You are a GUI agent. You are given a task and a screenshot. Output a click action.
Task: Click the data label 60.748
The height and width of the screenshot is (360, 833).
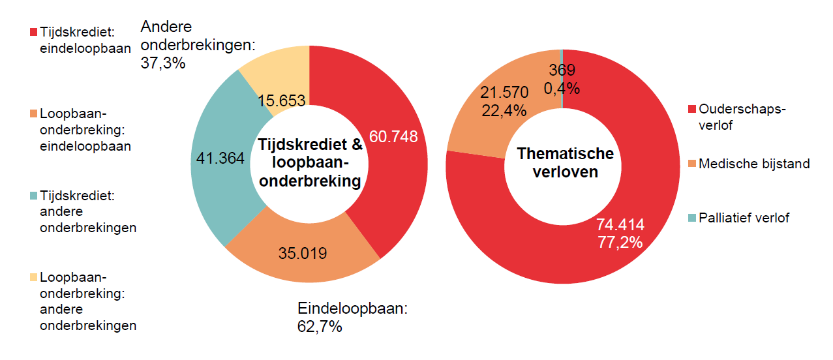[393, 136]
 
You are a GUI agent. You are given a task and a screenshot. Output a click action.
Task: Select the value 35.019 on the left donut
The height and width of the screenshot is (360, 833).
[302, 253]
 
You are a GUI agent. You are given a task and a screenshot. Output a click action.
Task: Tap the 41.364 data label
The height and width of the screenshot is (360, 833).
[220, 158]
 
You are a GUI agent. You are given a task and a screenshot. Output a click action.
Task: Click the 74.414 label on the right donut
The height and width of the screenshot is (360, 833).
[620, 225]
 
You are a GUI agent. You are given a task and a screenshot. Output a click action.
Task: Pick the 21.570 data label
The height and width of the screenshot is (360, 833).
[504, 92]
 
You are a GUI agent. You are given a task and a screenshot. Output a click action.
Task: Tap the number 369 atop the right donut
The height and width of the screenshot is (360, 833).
[562, 70]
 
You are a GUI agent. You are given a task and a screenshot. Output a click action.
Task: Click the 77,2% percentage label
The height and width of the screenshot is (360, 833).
[620, 242]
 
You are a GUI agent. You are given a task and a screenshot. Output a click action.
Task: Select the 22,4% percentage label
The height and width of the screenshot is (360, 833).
[504, 110]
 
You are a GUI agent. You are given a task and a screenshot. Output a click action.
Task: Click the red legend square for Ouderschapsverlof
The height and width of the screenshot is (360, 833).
[691, 108]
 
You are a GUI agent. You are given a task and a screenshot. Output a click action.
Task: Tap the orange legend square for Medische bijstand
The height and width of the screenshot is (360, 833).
[691, 164]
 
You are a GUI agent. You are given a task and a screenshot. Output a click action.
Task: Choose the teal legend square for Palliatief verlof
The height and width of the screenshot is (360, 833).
[691, 218]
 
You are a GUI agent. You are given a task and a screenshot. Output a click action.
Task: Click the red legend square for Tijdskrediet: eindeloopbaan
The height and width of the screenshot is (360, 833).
[33, 31]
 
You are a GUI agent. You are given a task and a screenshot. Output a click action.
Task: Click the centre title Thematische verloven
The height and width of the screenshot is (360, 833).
[565, 162]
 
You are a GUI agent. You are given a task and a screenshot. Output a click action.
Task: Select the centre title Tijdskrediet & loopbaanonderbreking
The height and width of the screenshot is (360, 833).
[310, 162]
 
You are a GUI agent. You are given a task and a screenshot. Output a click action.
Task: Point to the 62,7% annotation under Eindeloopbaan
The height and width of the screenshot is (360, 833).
[320, 327]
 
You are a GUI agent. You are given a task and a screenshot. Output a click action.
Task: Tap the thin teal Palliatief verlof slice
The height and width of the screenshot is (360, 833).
[562, 52]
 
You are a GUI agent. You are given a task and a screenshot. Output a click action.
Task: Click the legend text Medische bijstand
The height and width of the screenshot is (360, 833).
[754, 164]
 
